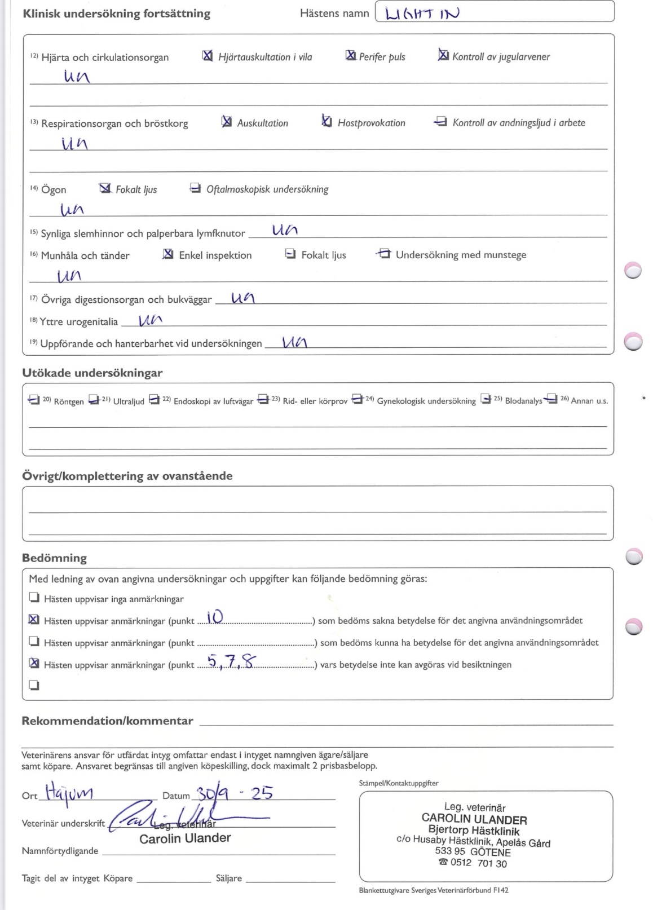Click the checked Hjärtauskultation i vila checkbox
(208, 56)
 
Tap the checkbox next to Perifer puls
(350, 55)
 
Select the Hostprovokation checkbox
(326, 121)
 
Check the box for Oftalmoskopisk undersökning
(195, 188)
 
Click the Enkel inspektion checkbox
(167, 254)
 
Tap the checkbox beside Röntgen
(34, 400)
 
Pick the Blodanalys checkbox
(486, 400)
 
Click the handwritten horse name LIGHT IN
(422, 13)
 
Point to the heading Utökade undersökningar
(92, 373)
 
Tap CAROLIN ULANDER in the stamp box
(474, 820)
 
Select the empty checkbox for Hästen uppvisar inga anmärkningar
(34, 598)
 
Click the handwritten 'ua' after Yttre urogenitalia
(150, 320)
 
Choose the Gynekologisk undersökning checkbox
(357, 400)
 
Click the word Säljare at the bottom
(228, 878)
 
